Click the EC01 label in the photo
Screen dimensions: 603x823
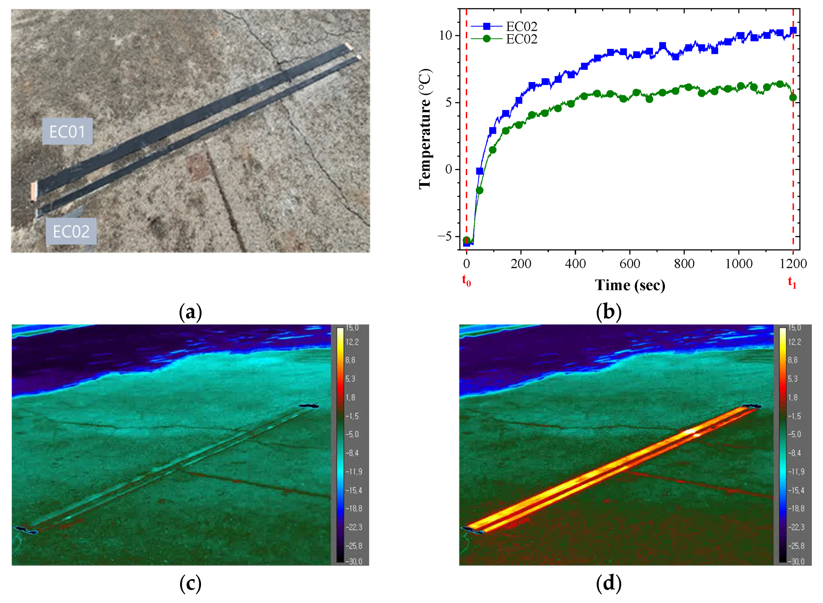[67, 132]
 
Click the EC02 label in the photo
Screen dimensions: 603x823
[71, 231]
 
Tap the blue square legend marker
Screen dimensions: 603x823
[487, 26]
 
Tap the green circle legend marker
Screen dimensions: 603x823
[487, 39]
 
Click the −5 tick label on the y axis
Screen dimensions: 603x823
[444, 236]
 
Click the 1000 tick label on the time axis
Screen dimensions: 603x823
[738, 264]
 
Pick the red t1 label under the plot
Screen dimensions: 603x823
[792, 282]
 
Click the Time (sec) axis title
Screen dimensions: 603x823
[630, 285]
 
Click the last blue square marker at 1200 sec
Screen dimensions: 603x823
[793, 31]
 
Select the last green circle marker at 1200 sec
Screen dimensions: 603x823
[793, 97]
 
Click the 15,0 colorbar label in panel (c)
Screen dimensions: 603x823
[352, 328]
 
